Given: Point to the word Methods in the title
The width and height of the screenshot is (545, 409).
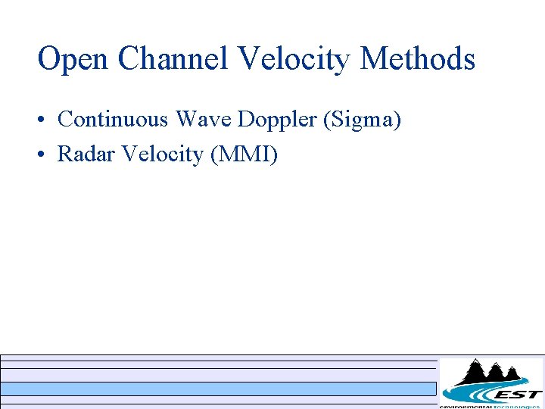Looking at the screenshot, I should point(418,59).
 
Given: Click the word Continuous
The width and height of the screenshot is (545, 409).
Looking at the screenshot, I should point(113,120).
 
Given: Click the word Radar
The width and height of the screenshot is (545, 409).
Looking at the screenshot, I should point(86,155).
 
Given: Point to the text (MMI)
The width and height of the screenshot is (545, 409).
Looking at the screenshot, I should point(245,155).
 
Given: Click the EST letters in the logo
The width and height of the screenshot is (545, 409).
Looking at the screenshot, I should point(519,394).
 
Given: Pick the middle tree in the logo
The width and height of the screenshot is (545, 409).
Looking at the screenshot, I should point(497,375).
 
